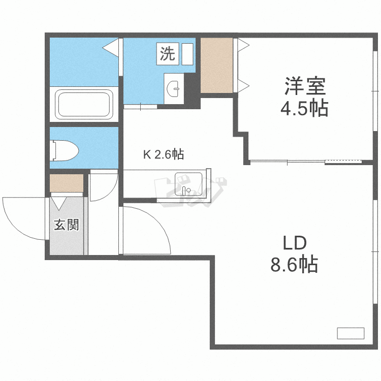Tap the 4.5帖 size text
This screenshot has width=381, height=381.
click(305, 108)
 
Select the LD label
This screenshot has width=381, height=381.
click(295, 243)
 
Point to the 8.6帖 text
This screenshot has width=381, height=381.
click(295, 264)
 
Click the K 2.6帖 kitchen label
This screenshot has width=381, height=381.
click(163, 154)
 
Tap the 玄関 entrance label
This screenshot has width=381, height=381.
click(67, 224)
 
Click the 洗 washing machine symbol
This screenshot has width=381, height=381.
click(168, 53)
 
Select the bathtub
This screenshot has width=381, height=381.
click(84, 104)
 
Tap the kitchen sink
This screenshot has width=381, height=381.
click(188, 183)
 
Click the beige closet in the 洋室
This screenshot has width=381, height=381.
click(216, 65)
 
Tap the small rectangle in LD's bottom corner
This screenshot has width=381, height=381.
click(351, 333)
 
